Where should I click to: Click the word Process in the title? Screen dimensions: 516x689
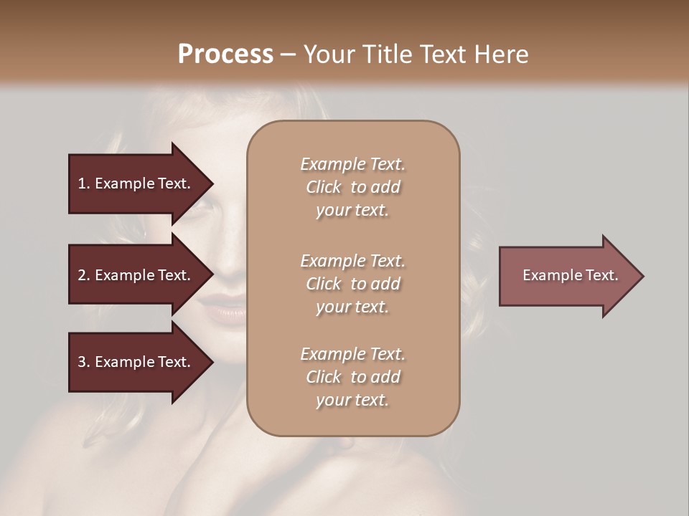tap(225, 54)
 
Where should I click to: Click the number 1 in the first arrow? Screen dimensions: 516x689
tap(82, 183)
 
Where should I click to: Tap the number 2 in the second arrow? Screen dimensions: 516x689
tap(82, 275)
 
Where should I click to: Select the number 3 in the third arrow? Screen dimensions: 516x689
tap(82, 362)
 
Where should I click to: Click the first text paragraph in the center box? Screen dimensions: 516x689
tap(352, 187)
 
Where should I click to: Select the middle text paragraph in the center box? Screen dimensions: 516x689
tap(352, 284)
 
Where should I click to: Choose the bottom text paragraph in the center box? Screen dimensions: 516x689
tap(352, 377)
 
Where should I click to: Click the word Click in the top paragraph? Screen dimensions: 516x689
tap(324, 187)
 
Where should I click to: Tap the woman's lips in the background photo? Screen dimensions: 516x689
tap(222, 310)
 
